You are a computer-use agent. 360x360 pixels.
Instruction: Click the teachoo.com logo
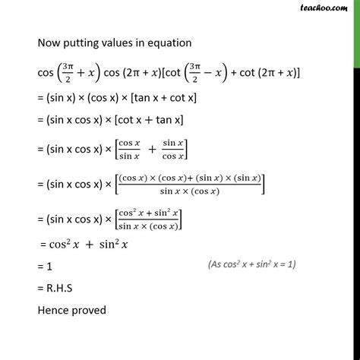[333, 8]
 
